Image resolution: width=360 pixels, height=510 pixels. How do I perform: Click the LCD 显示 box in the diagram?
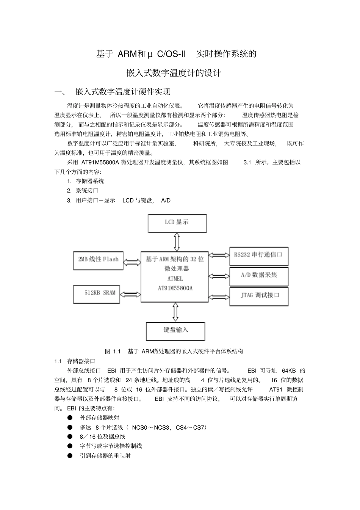point(177,223)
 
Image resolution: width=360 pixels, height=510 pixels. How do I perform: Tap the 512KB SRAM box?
point(97,293)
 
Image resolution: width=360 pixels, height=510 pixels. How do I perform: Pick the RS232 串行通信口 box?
point(259,256)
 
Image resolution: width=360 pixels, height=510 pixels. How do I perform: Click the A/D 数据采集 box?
point(259,276)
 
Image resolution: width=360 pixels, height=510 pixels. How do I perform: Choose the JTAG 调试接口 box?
point(259,296)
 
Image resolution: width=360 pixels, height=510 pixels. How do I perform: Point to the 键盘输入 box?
point(175,331)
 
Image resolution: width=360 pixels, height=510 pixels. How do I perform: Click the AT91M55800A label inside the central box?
point(175,288)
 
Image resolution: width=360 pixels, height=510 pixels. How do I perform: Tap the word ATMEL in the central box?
point(175,279)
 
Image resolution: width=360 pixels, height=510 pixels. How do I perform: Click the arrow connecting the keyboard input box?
point(175,312)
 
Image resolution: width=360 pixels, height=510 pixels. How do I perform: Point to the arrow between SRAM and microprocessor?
point(130,294)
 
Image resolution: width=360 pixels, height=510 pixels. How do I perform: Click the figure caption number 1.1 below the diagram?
point(117,352)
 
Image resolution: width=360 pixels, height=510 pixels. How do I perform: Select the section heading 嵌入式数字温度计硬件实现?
point(123,92)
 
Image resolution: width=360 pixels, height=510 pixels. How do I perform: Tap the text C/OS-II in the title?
point(171,54)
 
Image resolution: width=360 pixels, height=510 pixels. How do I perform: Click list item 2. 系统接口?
point(83,191)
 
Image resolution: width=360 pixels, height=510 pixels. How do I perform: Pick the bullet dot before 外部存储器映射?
point(70,417)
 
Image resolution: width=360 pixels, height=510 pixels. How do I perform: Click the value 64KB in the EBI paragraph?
point(289,371)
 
